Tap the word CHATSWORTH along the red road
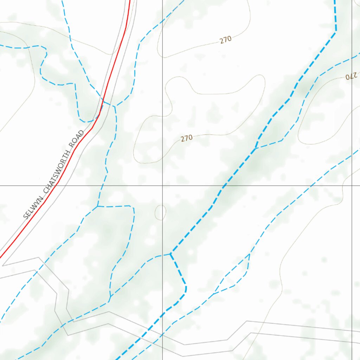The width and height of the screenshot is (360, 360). (x=55, y=176)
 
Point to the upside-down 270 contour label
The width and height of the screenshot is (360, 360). (x=351, y=76)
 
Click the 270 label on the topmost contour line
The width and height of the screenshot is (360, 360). (x=226, y=39)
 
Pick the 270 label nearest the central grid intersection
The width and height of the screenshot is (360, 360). (x=187, y=138)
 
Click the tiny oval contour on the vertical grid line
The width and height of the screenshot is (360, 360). (x=160, y=212)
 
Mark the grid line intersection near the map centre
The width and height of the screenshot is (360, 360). (x=162, y=185)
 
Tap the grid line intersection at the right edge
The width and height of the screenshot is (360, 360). (x=353, y=185)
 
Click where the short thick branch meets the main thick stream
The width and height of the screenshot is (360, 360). (x=171, y=253)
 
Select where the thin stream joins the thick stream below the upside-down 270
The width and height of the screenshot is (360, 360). (x=256, y=148)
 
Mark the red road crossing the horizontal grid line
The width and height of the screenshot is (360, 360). (x=57, y=185)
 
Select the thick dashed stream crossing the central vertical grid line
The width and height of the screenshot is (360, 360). (x=162, y=315)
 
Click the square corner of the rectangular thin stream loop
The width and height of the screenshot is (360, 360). (x=133, y=207)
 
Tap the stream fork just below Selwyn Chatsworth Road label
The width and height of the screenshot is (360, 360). (x=97, y=206)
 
